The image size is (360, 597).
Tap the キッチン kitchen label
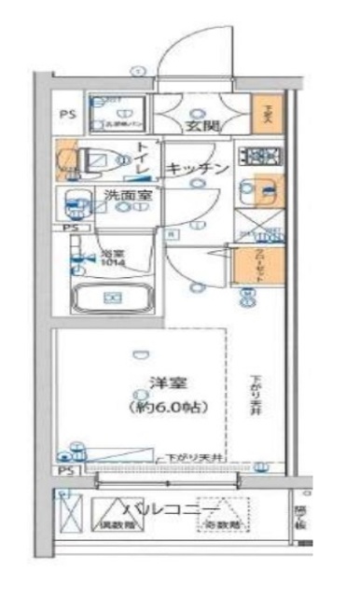tap(198, 169)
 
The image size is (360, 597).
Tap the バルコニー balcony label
tap(173, 508)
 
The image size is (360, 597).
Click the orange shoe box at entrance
tap(265, 115)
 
